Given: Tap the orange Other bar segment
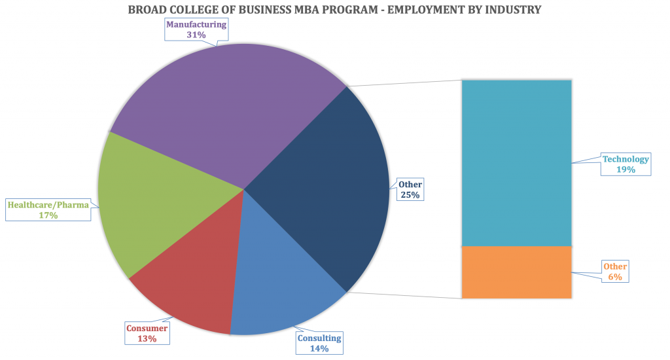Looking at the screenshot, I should [517, 272].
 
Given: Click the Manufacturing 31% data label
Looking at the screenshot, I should [196, 29].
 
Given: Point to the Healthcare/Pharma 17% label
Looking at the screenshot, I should [48, 209].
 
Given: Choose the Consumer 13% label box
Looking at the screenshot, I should [147, 333].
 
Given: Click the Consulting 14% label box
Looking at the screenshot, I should [319, 343].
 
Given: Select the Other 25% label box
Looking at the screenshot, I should [410, 189].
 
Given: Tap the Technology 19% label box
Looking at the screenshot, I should [626, 164].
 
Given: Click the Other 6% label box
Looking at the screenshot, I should [614, 272].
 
